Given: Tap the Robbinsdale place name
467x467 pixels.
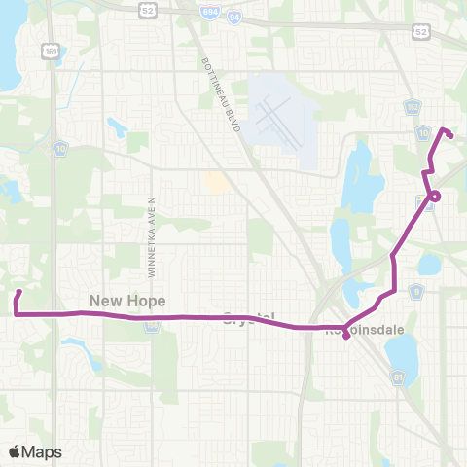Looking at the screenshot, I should click(359, 331).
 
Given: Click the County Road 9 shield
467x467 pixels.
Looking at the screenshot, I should click(415, 289).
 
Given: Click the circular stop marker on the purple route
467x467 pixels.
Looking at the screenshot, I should click(434, 196).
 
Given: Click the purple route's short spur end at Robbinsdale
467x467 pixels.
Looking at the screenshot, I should click(346, 340).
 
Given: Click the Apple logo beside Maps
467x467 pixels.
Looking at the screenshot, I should click(16, 451).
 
